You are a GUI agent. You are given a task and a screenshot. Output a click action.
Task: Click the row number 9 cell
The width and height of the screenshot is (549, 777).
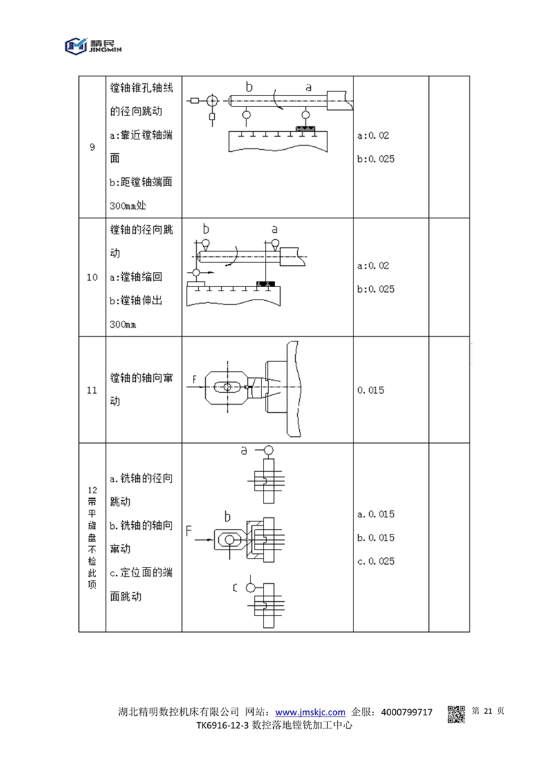93,147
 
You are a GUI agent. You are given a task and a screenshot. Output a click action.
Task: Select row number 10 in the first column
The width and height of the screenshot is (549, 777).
93,278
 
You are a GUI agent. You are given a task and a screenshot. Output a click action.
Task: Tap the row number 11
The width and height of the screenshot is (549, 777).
93,390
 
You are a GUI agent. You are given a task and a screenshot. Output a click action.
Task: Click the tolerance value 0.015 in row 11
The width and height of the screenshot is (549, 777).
371,390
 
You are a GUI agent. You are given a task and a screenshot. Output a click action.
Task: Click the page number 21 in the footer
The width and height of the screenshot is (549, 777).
489,712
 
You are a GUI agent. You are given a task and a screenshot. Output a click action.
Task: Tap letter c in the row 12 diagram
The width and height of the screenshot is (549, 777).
235,587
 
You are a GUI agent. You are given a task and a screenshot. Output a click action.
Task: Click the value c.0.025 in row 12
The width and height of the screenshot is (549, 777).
376,561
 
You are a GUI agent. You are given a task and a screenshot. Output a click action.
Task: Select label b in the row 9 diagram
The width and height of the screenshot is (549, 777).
249,87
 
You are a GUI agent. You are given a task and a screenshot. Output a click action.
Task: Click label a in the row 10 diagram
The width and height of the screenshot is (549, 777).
274,228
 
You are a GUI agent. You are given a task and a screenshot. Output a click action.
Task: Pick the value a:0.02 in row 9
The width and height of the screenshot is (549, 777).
373,135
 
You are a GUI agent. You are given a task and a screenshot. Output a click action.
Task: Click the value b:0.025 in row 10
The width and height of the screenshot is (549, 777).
376,289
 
